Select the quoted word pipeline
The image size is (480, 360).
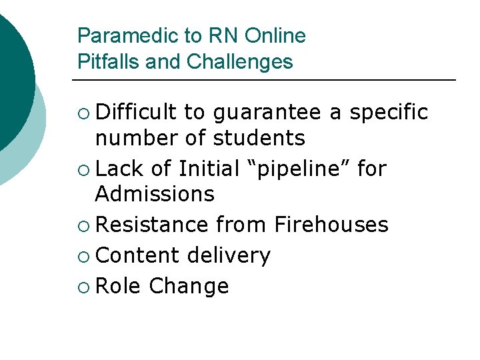point(296,169)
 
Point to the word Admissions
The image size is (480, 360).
point(155,194)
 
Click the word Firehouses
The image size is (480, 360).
point(331,225)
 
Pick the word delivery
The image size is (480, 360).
point(229,255)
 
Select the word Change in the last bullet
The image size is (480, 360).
point(189,286)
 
